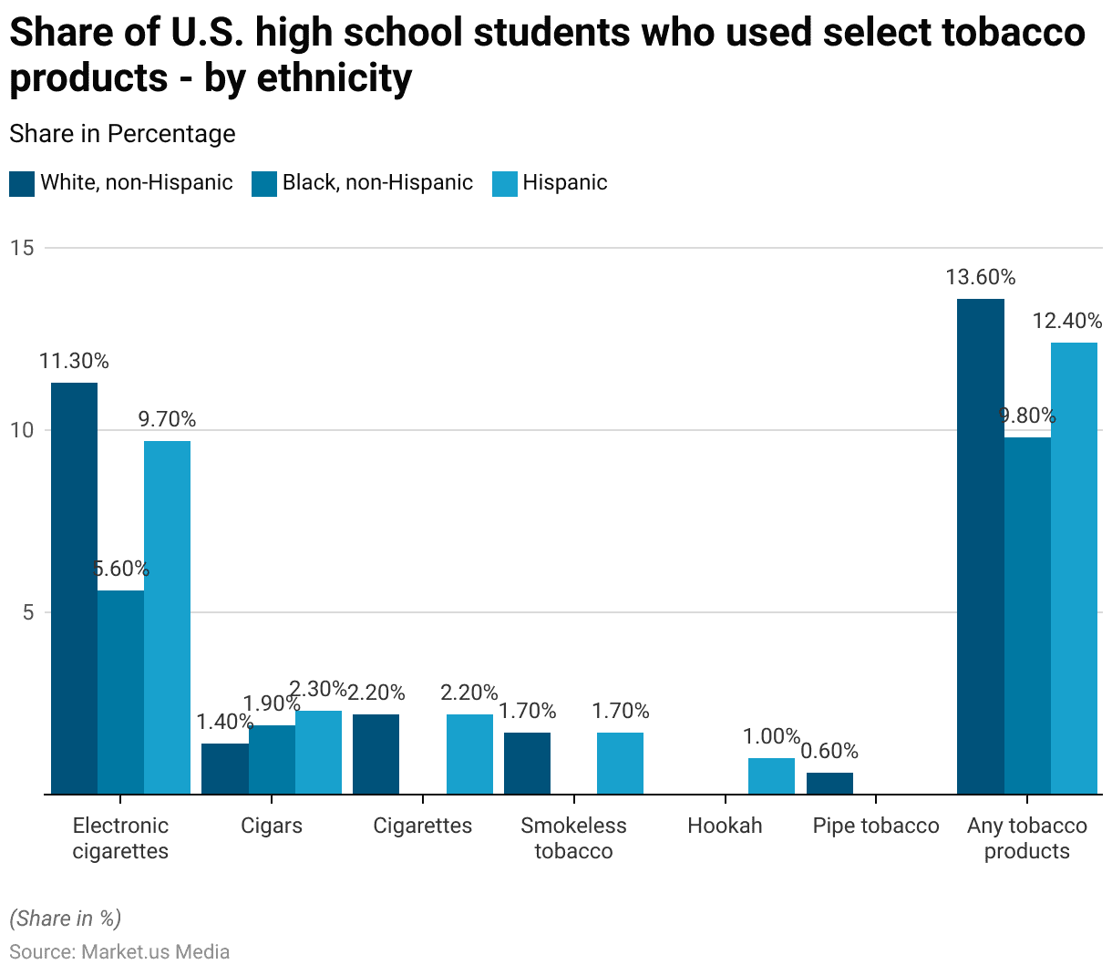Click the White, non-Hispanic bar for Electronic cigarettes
point(74,588)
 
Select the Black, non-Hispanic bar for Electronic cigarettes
point(120,692)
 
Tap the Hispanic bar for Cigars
point(318,752)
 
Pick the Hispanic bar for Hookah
point(771,775)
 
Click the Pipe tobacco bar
point(829,783)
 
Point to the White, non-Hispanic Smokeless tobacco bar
point(527,763)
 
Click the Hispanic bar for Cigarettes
point(469,754)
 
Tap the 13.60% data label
point(981,277)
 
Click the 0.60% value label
point(829,751)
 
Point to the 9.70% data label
point(167,419)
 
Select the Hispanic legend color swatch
point(505,183)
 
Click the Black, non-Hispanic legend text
point(377,183)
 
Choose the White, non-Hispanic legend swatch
point(22,183)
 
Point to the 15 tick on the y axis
point(22,248)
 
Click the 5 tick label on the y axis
point(28,612)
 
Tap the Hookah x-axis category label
point(725,826)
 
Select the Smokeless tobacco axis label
point(573,838)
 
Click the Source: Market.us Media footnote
point(119,951)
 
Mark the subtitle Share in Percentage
point(122,134)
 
